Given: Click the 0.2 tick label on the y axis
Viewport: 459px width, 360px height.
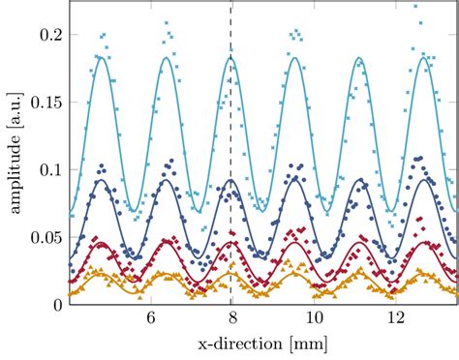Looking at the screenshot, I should point(49,35).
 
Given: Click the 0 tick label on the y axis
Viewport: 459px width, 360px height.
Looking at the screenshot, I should point(58,304).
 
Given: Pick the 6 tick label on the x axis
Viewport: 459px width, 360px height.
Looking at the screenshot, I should point(150,319).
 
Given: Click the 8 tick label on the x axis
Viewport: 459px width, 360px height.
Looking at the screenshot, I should point(231,319).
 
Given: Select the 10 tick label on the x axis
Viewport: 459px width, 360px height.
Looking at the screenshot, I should point(313,319).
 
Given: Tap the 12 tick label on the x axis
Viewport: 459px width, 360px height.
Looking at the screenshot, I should point(394,319).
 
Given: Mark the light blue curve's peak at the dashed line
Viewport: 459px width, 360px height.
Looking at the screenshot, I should point(230,57).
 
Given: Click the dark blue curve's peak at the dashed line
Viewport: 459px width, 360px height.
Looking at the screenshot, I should point(230,180).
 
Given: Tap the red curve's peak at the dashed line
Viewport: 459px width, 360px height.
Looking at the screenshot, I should point(230,242).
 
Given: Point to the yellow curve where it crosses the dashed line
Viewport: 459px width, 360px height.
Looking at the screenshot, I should point(230,275).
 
